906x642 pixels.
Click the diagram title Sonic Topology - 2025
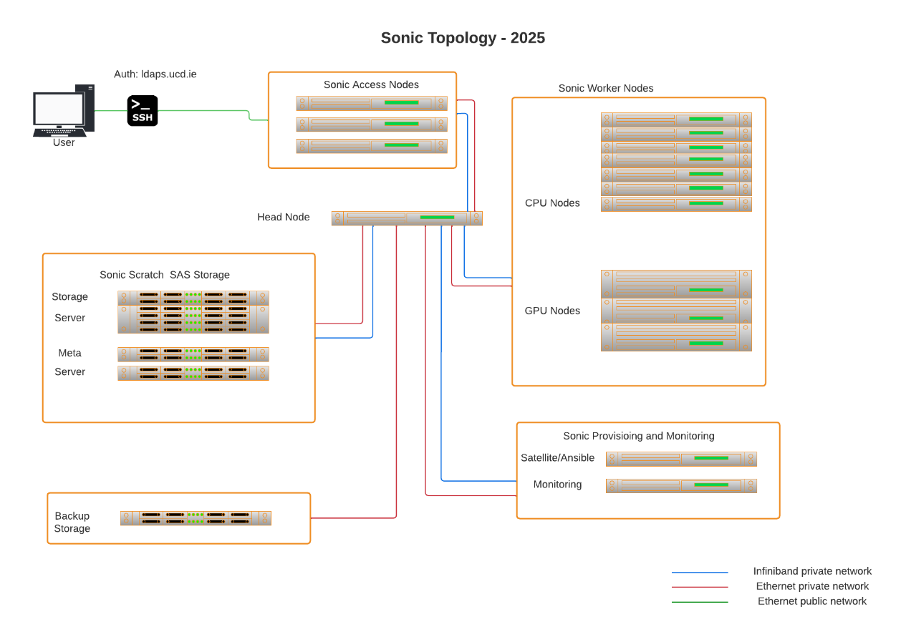(463, 39)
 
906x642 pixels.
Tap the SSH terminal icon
(143, 111)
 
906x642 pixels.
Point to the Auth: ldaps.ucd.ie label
(155, 74)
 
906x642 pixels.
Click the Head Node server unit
(406, 218)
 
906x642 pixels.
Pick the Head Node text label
(284, 217)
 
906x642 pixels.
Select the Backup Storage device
(196, 518)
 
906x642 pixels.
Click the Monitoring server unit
(681, 485)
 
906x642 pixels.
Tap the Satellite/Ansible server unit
(681, 459)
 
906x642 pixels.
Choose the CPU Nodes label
(552, 203)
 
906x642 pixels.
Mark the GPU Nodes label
(552, 311)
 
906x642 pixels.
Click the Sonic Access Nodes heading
(371, 85)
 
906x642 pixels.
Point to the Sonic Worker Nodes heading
(606, 89)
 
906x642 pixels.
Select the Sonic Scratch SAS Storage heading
(165, 275)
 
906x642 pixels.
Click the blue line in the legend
(700, 573)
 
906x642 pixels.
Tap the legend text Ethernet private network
(812, 586)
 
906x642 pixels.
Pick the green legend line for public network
(700, 602)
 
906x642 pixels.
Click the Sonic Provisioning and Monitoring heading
(638, 437)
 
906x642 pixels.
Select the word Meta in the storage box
(69, 354)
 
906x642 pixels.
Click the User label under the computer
(64, 142)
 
